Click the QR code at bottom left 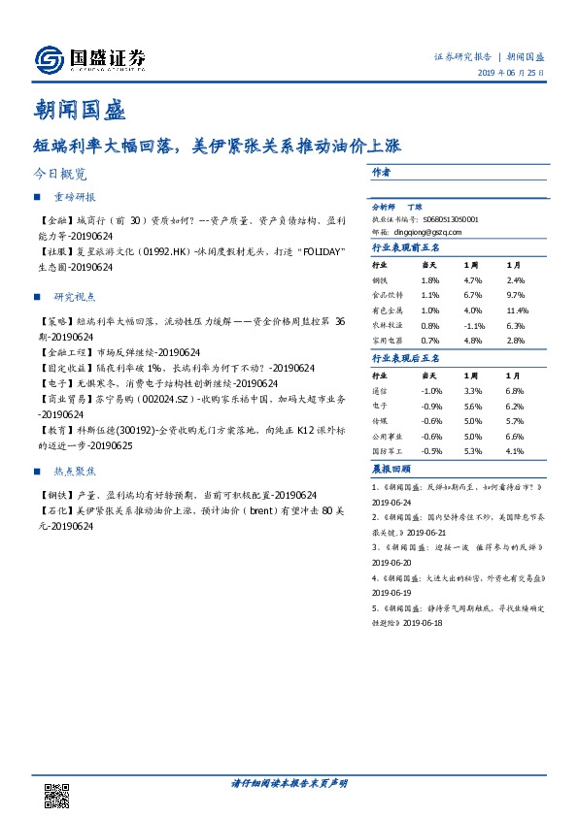pyautogui.click(x=57, y=795)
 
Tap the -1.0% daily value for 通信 pyautogui.click(x=430, y=390)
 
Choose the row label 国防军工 pyautogui.click(x=389, y=452)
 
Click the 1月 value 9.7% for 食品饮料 pyautogui.click(x=515, y=294)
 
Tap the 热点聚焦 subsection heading pyautogui.click(x=74, y=471)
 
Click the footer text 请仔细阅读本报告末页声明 pyautogui.click(x=289, y=782)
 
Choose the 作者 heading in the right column pyautogui.click(x=381, y=171)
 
